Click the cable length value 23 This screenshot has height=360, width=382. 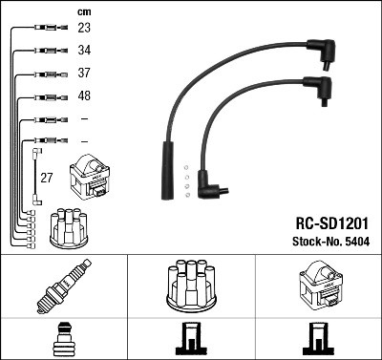[x=84, y=29]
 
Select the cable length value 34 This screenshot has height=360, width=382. [x=84, y=51]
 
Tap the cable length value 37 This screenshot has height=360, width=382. [x=84, y=74]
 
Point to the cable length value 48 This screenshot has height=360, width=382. [x=84, y=96]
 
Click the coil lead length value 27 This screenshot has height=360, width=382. [x=45, y=177]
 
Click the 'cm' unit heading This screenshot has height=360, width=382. [x=83, y=11]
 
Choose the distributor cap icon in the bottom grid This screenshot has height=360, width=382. [x=191, y=287]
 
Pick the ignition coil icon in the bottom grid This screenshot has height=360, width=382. [x=318, y=287]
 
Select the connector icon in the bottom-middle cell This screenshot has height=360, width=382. [x=191, y=340]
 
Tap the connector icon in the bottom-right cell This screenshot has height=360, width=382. [x=318, y=340]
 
